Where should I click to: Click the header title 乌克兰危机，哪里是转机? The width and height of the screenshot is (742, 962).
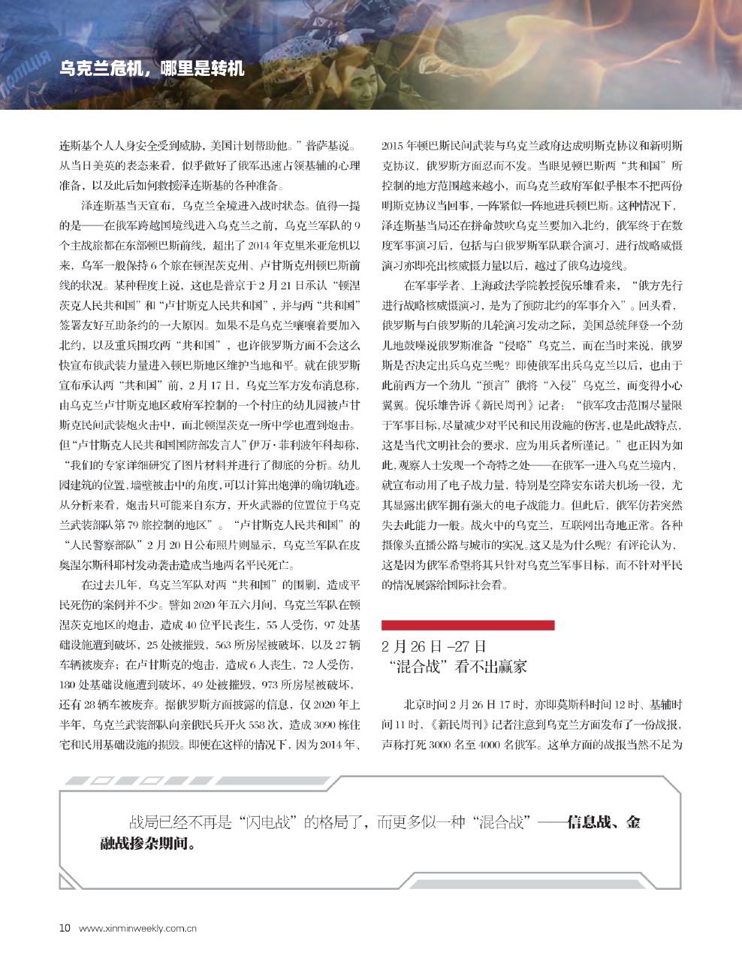152,68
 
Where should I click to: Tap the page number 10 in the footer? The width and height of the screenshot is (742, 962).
65,927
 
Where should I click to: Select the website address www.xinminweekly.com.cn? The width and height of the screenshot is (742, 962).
137,928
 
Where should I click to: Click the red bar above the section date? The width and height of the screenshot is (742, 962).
467,625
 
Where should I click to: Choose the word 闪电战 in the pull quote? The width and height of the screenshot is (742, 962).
267,822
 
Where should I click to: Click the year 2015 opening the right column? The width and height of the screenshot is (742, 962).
393,146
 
